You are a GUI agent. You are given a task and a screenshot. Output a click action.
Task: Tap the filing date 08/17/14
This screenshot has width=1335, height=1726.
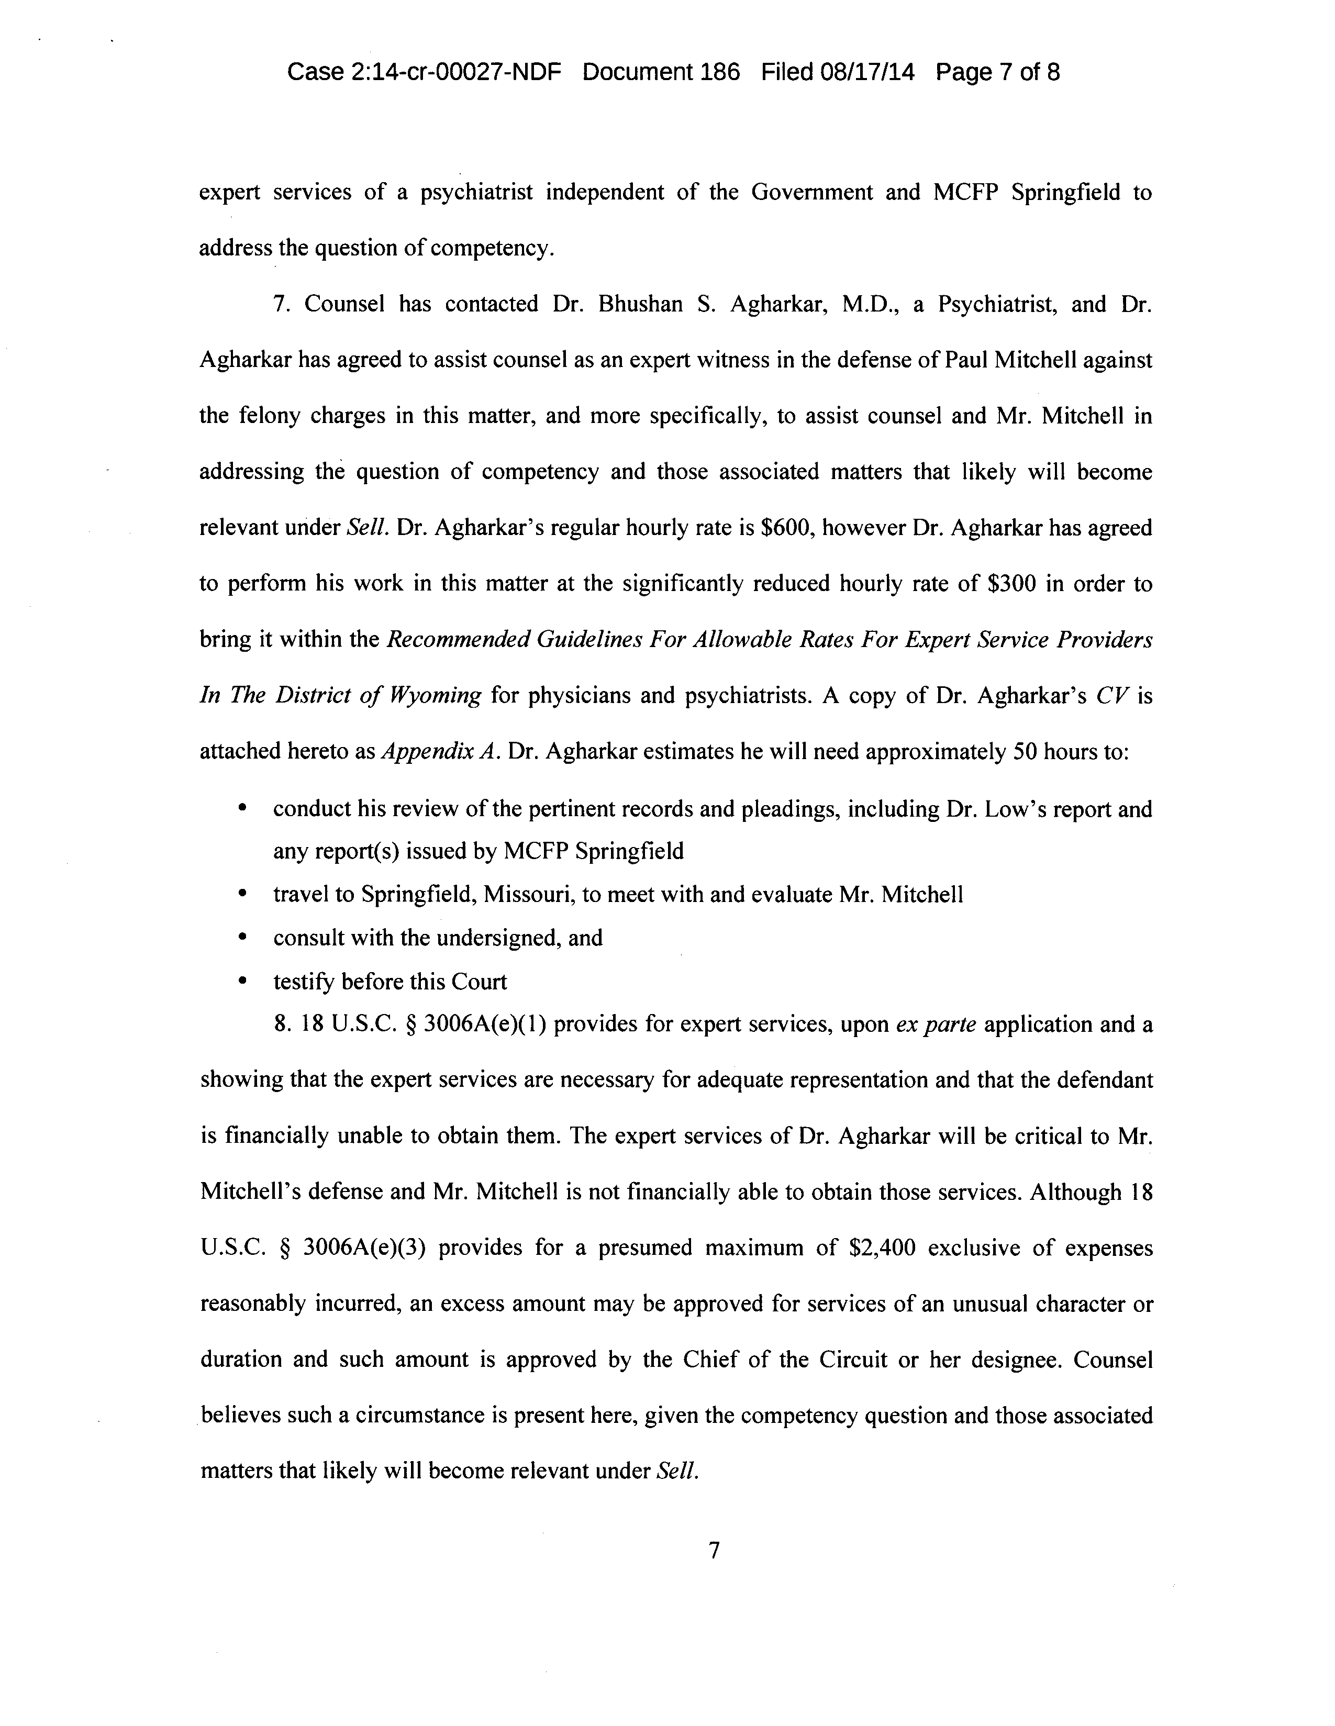pyautogui.click(x=868, y=73)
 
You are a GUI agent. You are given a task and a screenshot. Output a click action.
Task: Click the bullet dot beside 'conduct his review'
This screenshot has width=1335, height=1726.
pyautogui.click(x=242, y=809)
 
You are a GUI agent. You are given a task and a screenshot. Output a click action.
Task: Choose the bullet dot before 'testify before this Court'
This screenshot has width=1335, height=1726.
pyautogui.click(x=242, y=982)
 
